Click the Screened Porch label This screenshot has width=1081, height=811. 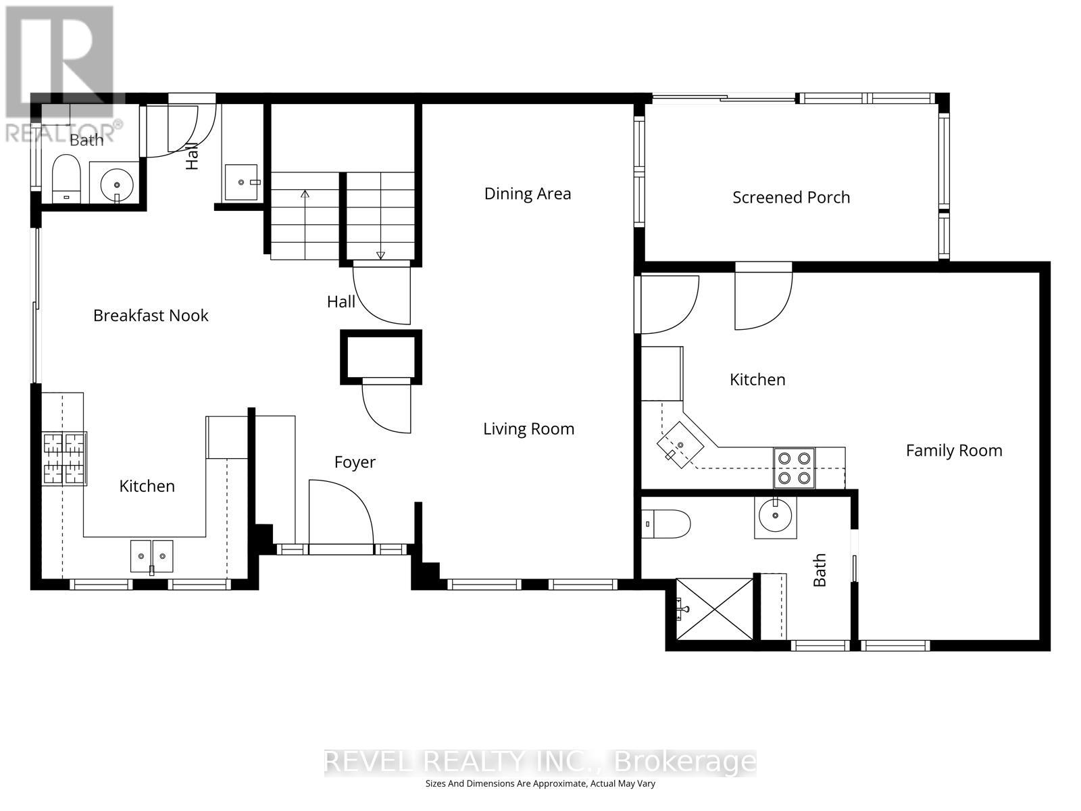click(x=791, y=197)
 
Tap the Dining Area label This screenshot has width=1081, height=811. click(x=528, y=194)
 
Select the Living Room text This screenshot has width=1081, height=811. click(x=528, y=428)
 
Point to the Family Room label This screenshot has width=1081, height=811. click(x=953, y=450)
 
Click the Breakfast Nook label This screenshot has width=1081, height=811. click(x=151, y=315)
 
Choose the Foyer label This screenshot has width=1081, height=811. click(x=355, y=462)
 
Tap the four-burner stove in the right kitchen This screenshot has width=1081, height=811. click(x=794, y=468)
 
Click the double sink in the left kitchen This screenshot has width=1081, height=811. click(x=151, y=556)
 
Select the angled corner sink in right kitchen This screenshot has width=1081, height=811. click(x=680, y=445)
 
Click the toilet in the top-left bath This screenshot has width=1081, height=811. click(x=66, y=178)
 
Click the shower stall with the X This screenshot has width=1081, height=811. click(x=715, y=608)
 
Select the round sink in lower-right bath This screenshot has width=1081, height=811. click(x=775, y=517)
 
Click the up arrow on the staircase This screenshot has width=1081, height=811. click(x=305, y=196)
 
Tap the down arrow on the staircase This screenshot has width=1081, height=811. click(x=380, y=254)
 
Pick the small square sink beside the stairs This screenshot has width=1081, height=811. click(x=241, y=182)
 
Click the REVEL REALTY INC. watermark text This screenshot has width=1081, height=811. click(x=540, y=762)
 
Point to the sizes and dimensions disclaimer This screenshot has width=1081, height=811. click(x=540, y=784)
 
